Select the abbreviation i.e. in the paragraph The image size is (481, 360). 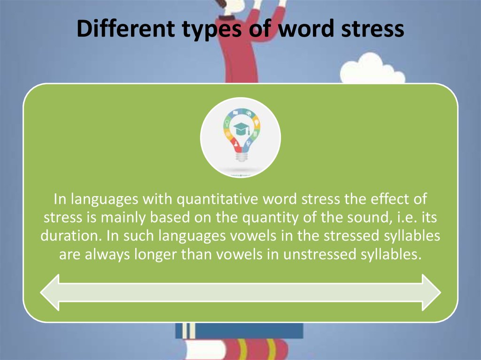pyautogui.click(x=401, y=218)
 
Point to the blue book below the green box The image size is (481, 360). pyautogui.click(x=240, y=330)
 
